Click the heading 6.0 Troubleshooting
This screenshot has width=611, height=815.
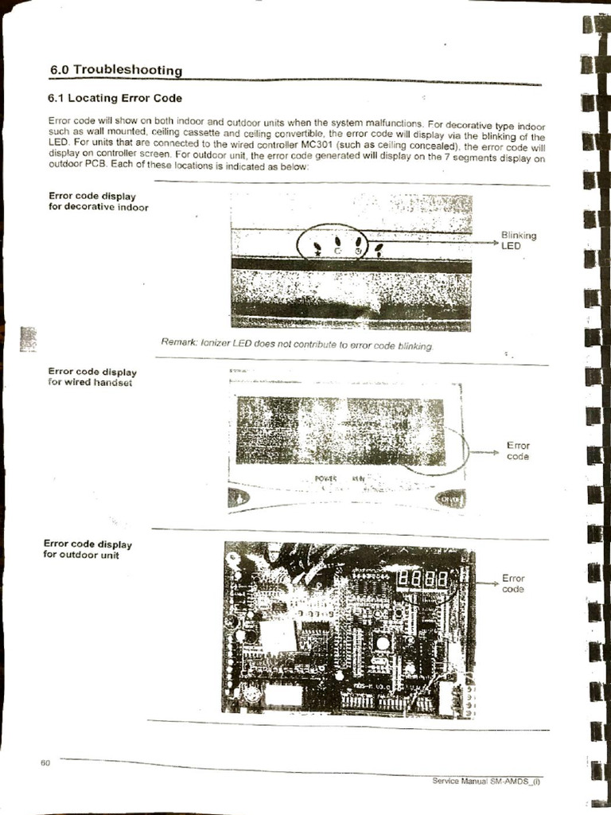116,70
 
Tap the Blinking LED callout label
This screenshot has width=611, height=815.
518,240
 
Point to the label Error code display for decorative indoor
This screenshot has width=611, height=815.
98,201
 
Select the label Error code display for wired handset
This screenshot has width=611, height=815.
92,376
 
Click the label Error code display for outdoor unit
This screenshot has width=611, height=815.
87,549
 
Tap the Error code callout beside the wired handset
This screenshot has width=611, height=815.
518,451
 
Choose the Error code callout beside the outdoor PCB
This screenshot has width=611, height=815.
513,584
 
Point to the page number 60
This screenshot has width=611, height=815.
45,763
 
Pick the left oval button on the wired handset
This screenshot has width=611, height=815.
239,497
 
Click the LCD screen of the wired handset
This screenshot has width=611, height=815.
341,431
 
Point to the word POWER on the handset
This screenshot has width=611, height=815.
326,479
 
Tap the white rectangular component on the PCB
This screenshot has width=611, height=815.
278,636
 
